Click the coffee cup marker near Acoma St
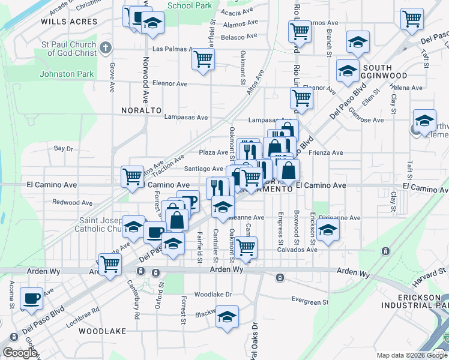click(31, 298)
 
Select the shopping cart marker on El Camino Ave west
click(133, 176)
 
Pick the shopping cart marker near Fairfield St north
click(203, 59)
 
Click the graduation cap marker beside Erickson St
click(328, 230)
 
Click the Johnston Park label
click(66, 74)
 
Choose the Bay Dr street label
click(63, 148)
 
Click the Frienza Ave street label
click(326, 153)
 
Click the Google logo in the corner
click(20, 353)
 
